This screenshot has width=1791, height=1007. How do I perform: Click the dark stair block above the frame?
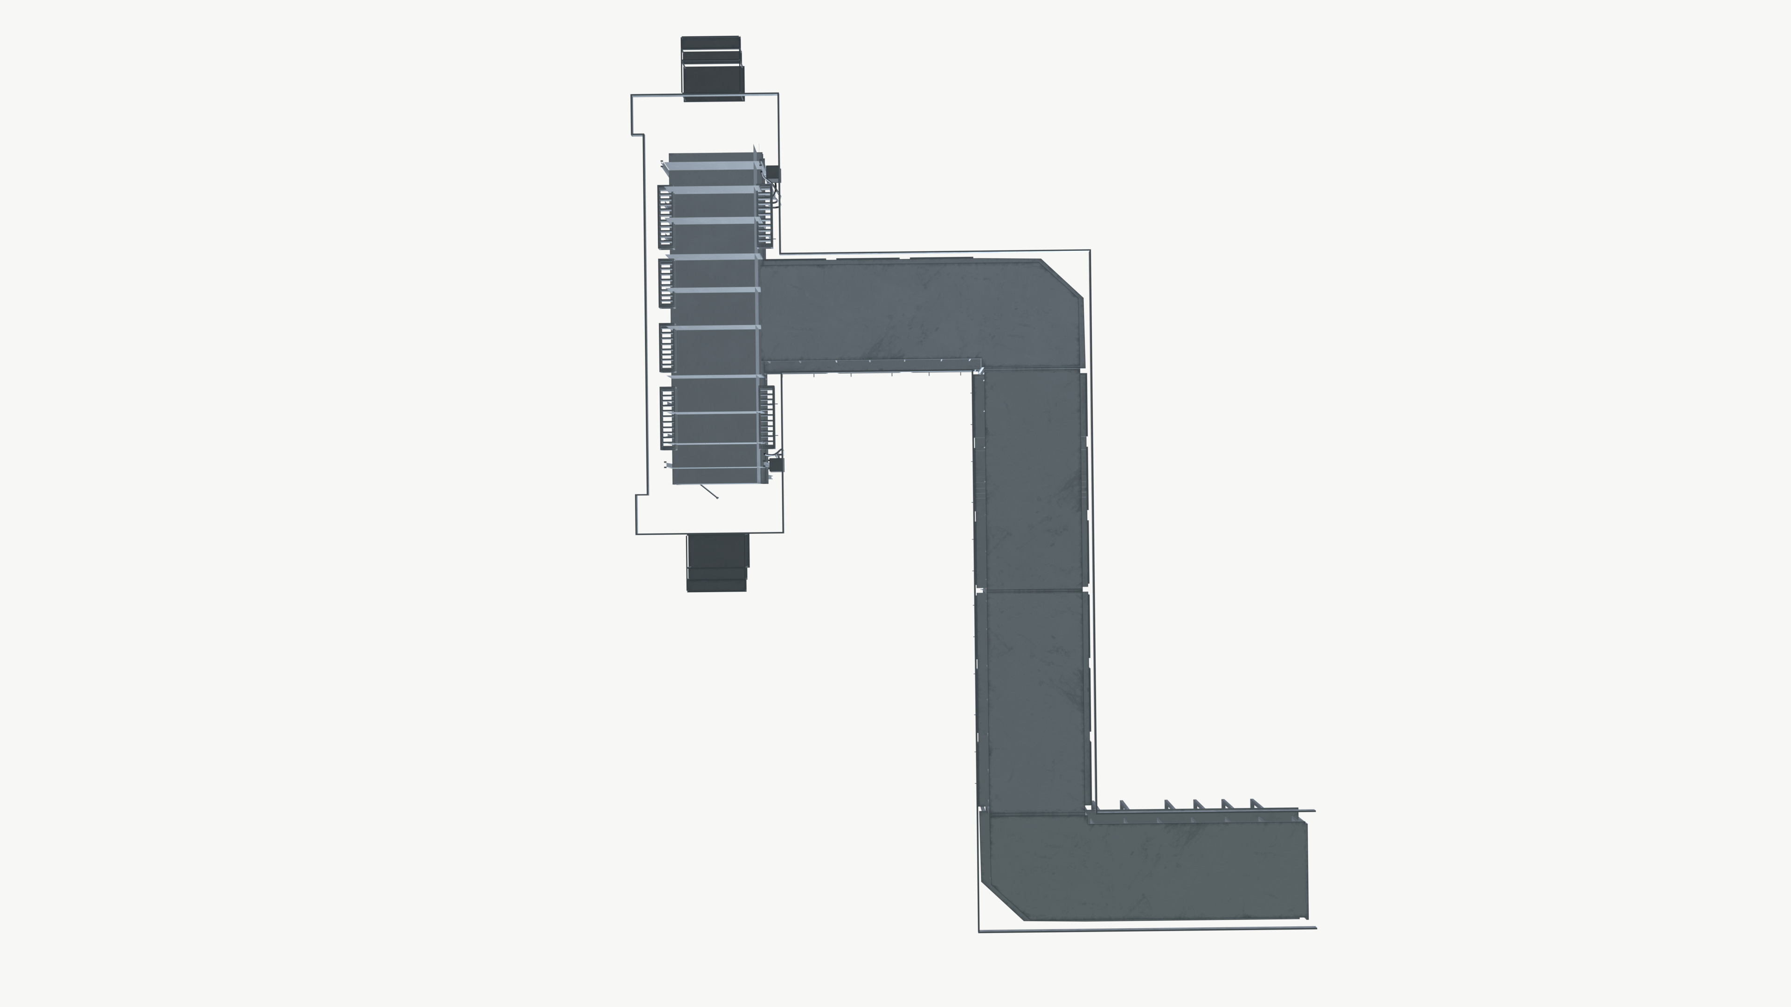point(712,68)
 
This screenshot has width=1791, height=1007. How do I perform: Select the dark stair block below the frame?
point(717,563)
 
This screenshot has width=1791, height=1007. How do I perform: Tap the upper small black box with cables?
point(773,173)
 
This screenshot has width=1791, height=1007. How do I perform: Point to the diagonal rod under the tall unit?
point(709,491)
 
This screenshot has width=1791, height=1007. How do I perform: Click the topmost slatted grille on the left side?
point(665,217)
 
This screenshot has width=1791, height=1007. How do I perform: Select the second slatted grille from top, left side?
point(666,283)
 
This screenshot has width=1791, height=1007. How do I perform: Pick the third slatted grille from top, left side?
point(666,347)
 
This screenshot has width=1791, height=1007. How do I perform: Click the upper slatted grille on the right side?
point(765,215)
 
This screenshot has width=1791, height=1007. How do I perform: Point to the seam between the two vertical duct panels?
point(1032,590)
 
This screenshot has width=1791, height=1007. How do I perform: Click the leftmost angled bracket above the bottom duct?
point(1123,805)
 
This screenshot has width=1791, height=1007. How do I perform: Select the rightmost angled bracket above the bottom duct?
point(1256,804)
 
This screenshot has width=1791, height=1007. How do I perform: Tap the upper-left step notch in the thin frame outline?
point(638,134)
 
